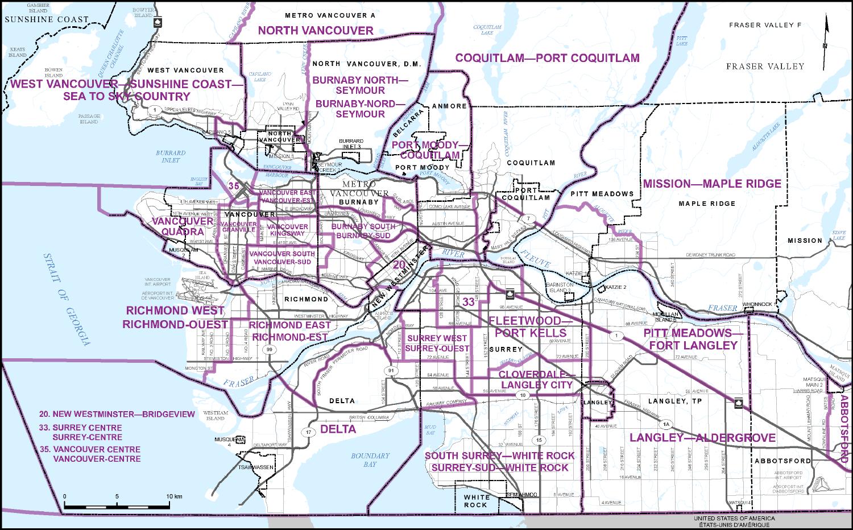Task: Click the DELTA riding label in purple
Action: pyautogui.click(x=338, y=429)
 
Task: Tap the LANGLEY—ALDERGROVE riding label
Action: pyautogui.click(x=702, y=437)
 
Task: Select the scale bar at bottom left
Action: pyautogui.click(x=122, y=506)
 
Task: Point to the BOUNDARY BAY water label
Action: pyautogui.click(x=370, y=459)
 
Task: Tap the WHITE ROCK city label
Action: pyautogui.click(x=475, y=500)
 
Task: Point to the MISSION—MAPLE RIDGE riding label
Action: pyautogui.click(x=712, y=184)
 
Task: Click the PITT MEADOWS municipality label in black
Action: pyautogui.click(x=602, y=194)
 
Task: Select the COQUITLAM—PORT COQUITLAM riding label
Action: pyautogui.click(x=547, y=58)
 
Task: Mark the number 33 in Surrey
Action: pyautogui.click(x=468, y=303)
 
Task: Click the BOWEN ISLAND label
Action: pyautogui.click(x=53, y=72)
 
